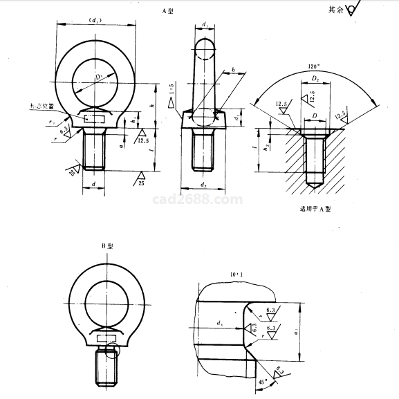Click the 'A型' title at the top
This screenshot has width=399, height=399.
point(167,12)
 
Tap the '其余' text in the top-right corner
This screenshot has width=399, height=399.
point(337,10)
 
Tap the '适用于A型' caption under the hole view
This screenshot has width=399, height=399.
point(315,208)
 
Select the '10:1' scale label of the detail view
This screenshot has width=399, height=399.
point(237,275)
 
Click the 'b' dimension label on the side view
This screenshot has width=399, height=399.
point(234,71)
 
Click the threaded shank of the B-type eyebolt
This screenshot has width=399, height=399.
point(104,368)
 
